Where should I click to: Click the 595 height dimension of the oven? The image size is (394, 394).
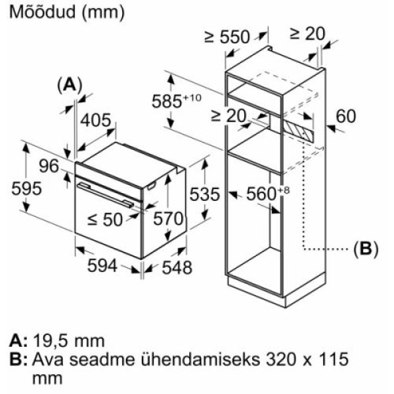[x=26, y=188]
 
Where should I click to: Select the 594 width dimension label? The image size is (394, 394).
[x=102, y=265]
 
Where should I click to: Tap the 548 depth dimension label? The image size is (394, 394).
[x=177, y=267]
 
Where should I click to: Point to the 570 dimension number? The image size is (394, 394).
[x=168, y=219]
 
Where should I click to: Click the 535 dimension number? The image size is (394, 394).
[x=204, y=194]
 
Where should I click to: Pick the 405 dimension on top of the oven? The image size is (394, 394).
[x=95, y=120]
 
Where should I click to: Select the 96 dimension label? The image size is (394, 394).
[x=49, y=166]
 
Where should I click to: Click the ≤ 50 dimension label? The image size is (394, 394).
[x=105, y=219]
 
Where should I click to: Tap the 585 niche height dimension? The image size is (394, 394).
[x=177, y=100]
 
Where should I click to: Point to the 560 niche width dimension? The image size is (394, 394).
[x=268, y=194]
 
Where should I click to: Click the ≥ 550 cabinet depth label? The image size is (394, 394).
[x=227, y=37]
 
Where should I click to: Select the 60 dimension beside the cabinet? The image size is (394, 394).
[x=346, y=116]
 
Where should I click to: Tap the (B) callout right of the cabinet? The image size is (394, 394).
[x=366, y=250]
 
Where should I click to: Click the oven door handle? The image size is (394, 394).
[x=106, y=196]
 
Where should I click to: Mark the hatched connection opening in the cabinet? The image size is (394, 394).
[x=299, y=131]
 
